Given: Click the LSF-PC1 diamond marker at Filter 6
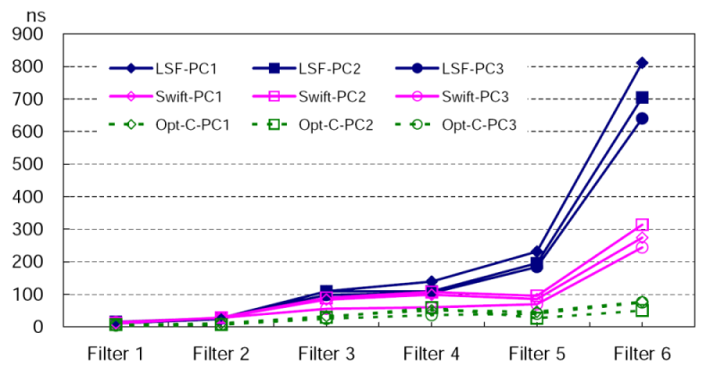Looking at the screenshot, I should tap(643, 63).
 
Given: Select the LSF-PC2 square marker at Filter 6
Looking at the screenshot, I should tap(643, 98).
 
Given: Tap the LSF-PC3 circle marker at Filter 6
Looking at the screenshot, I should tap(643, 118).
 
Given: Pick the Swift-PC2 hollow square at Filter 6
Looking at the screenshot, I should tap(643, 225).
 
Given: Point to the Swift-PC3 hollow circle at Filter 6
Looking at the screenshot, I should tap(643, 247).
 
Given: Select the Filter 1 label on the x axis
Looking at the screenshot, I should tap(116, 353).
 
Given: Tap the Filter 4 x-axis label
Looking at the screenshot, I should tap(431, 353).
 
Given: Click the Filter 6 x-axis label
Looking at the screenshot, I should tap(642, 353).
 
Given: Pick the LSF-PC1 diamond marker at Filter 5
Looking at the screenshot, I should tap(537, 252).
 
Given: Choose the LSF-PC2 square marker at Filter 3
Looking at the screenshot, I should tap(326, 292).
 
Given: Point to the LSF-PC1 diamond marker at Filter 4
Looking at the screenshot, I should tap(431, 282).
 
